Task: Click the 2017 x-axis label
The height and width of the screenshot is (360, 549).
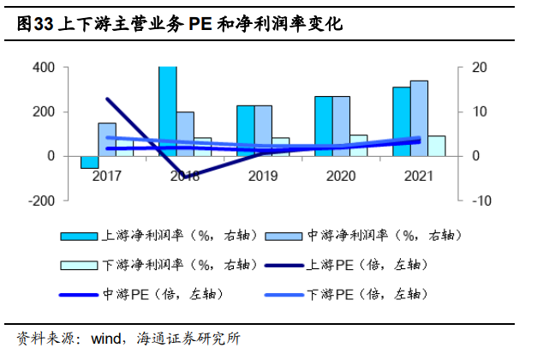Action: [x=106, y=176]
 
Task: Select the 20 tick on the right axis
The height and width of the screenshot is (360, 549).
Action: [x=480, y=68]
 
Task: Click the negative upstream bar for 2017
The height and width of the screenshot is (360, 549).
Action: [x=89, y=162]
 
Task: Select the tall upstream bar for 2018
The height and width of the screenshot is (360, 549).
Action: [x=167, y=111]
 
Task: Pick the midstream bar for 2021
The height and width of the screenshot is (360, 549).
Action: [x=419, y=118]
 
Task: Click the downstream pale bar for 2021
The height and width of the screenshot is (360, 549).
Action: [x=437, y=146]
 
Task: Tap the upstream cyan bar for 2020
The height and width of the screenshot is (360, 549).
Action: [x=323, y=126]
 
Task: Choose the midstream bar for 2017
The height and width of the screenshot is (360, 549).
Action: [x=107, y=140]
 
